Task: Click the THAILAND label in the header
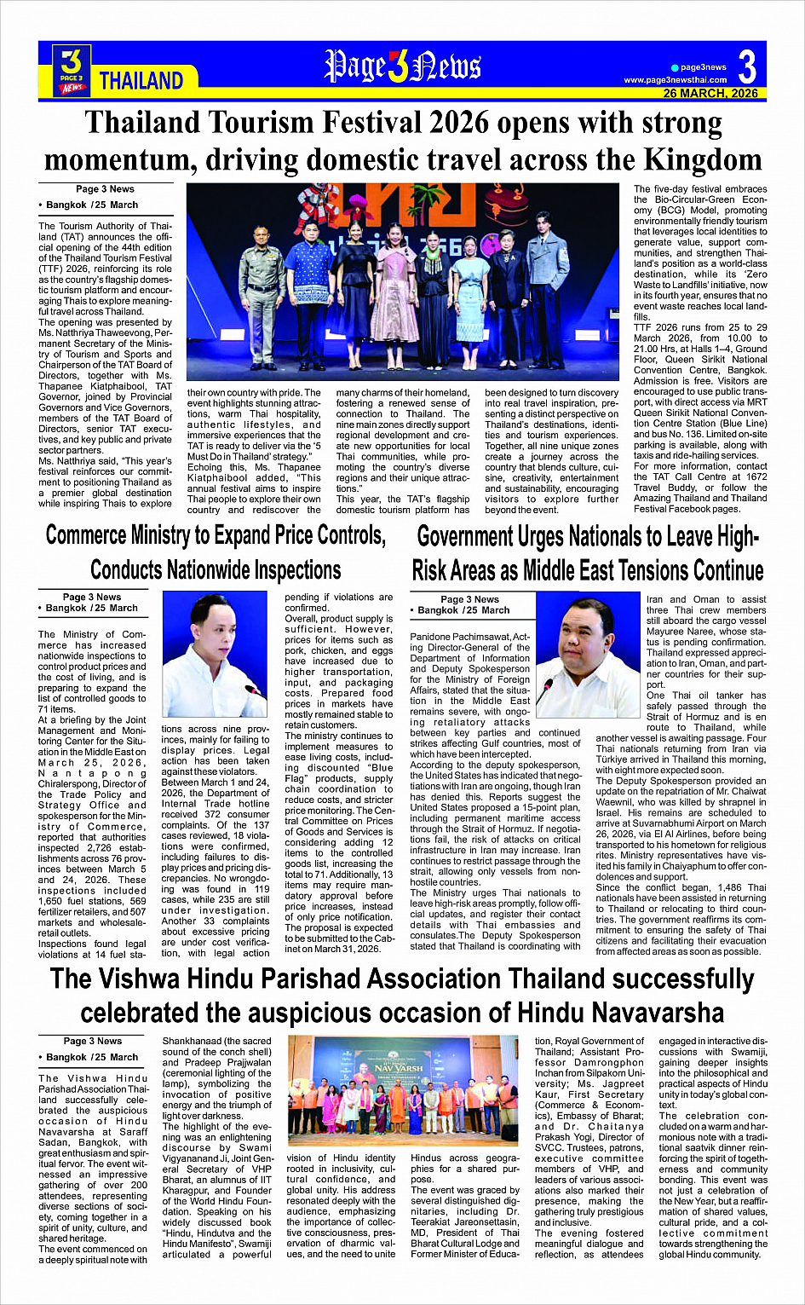tap(141, 81)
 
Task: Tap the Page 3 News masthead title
tap(402, 67)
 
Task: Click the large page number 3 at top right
tap(747, 66)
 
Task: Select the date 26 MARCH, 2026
tap(710, 93)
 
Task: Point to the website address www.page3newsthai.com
tap(676, 80)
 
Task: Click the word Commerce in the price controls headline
tap(87, 535)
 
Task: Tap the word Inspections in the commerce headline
tap(289, 569)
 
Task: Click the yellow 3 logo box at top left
tap(72, 68)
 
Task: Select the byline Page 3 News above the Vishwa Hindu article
tap(92, 1041)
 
